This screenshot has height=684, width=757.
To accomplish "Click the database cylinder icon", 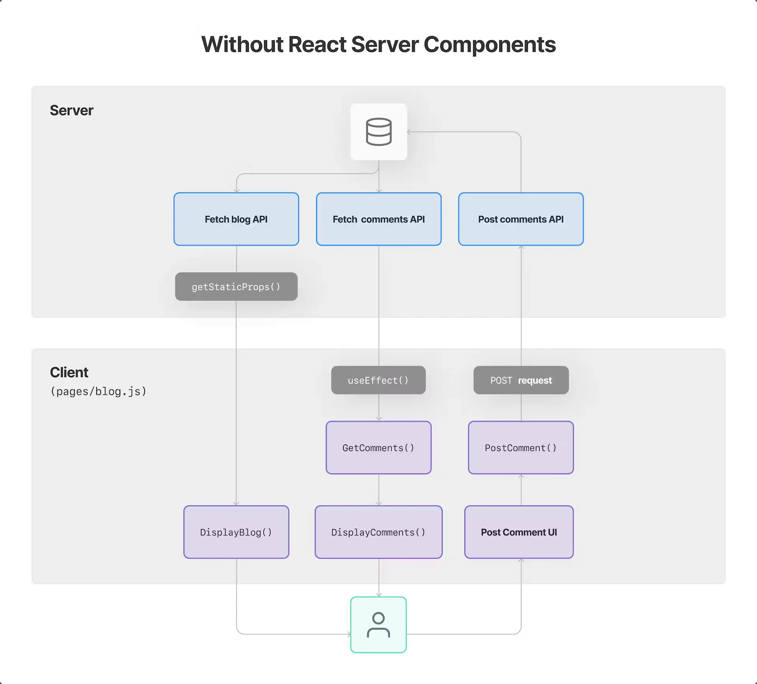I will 378,132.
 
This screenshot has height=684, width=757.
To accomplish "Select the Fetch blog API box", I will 236,219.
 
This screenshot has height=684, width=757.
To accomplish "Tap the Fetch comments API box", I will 378,219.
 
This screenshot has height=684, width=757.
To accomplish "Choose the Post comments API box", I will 521,219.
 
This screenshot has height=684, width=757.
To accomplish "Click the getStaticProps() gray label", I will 236,287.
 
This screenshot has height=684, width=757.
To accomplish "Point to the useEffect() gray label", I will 378,380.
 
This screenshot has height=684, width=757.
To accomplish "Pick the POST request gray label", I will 521,380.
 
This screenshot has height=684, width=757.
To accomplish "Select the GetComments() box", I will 378,448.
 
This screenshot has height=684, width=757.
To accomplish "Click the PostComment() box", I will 521,448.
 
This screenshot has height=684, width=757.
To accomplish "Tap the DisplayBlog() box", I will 236,532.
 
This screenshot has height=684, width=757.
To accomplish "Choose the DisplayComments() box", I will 378,532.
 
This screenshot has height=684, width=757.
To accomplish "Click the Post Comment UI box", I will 519,532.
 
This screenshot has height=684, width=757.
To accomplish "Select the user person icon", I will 378,625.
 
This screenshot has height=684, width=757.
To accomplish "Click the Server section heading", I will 71,111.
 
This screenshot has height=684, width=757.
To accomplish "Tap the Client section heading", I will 69,372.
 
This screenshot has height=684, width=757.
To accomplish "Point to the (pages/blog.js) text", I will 99,392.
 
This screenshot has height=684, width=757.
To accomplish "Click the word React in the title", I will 317,44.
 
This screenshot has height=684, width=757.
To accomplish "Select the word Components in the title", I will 489,44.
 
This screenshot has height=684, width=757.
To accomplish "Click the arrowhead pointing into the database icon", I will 409,132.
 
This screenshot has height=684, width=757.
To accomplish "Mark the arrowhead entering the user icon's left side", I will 349,634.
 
